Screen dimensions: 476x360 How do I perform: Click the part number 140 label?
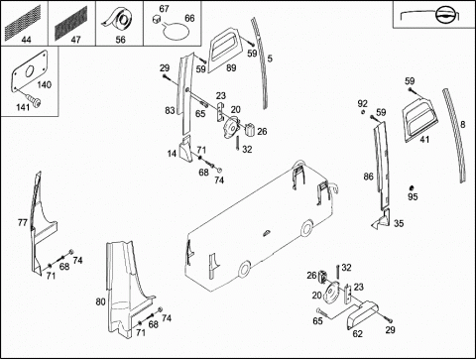tap(44, 85)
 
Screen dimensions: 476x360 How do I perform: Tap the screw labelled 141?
tap(35, 101)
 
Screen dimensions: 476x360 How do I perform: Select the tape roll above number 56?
tap(118, 20)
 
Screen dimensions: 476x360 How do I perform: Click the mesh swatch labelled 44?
tap(23, 22)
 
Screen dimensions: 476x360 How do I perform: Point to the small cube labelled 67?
tap(157, 20)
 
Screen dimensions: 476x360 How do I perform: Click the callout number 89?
tap(231, 67)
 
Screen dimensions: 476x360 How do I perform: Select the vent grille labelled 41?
tap(419, 118)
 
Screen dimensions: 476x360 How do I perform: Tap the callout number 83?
tap(170, 110)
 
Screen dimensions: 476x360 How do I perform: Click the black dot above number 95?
tap(412, 187)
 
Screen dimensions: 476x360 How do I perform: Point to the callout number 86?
tap(368, 177)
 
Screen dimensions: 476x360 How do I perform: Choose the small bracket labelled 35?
tap(382, 219)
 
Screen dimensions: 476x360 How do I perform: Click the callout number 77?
tap(23, 223)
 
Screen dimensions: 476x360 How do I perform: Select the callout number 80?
tap(100, 301)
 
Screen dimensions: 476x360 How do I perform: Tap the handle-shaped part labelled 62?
tap(362, 315)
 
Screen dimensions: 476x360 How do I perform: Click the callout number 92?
tap(363, 104)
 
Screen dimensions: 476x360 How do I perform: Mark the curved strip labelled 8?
tap(454, 135)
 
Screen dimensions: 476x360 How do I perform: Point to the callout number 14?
tap(172, 154)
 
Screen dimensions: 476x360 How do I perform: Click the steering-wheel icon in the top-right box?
tap(444, 15)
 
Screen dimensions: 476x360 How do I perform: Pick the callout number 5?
tap(270, 59)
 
